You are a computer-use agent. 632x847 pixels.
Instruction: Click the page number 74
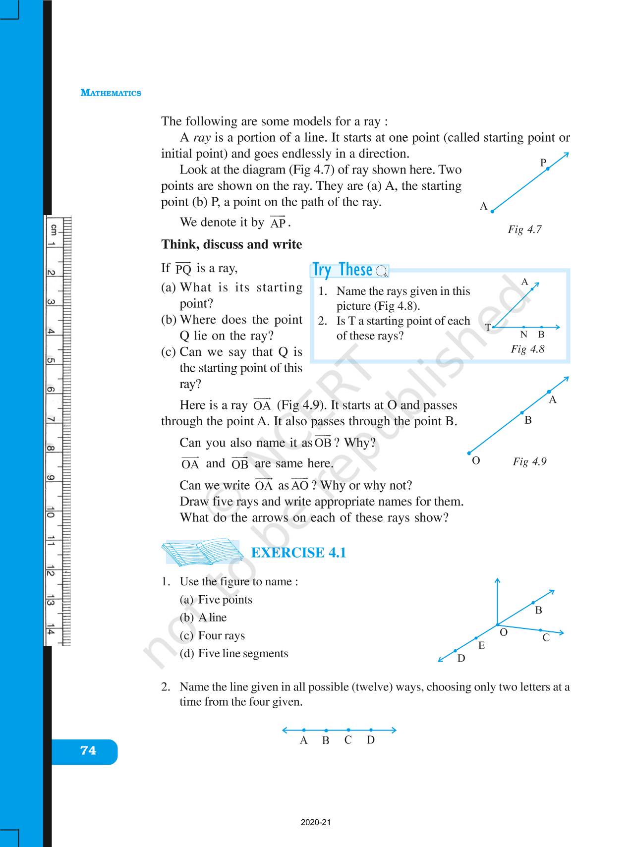[88, 751]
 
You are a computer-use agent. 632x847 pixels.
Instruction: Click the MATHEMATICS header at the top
[111, 93]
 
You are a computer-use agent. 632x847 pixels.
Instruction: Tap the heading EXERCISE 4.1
[298, 553]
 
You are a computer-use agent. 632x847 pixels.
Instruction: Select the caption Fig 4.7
[524, 229]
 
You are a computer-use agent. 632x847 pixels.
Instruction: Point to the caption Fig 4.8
[527, 349]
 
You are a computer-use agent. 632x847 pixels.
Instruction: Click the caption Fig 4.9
[529, 461]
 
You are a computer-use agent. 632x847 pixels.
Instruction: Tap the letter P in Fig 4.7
[543, 163]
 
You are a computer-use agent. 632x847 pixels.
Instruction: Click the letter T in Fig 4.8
[488, 328]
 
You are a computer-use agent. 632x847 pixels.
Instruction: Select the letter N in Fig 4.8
[523, 335]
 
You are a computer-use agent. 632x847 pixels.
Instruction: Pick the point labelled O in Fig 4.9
[469, 453]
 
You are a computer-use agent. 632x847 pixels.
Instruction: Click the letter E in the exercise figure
[481, 646]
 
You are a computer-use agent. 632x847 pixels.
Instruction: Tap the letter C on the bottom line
[348, 740]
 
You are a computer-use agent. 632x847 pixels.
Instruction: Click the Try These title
[343, 270]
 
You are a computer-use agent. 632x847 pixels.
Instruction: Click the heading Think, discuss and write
[231, 244]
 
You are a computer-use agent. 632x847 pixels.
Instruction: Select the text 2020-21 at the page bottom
[315, 823]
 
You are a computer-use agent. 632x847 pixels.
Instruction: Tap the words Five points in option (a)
[225, 600]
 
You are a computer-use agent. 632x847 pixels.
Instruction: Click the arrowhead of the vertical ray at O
[497, 580]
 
